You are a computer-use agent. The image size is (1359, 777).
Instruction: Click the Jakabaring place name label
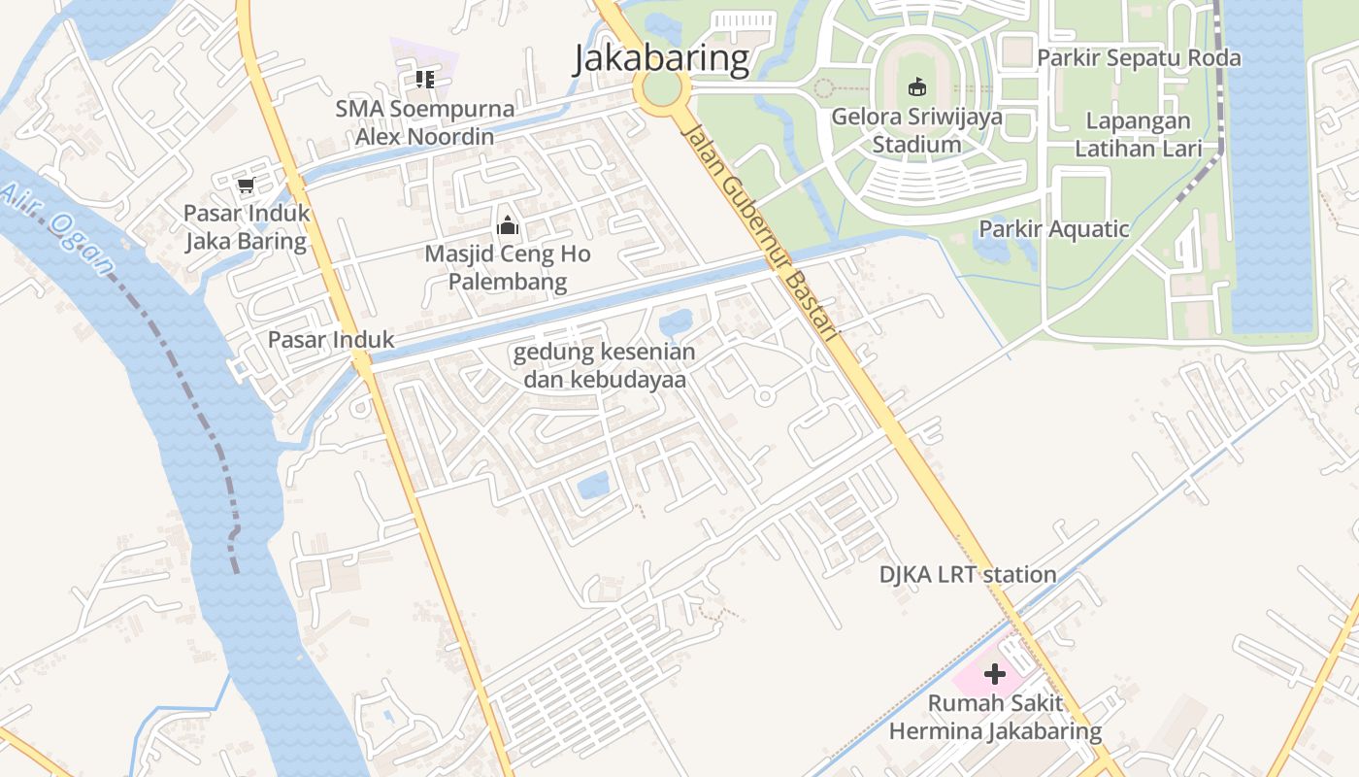point(661,58)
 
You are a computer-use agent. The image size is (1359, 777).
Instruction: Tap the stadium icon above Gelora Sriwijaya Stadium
point(916,87)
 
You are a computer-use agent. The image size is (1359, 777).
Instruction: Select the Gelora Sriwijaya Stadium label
point(916,131)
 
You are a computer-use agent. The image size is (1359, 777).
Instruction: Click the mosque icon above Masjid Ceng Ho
point(507,227)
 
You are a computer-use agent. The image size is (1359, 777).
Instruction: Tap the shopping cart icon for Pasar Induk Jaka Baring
point(246,185)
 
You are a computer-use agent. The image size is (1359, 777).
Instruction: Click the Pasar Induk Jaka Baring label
point(247,226)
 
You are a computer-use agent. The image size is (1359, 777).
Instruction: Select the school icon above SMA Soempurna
point(424,79)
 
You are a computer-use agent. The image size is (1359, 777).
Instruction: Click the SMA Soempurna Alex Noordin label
point(424,122)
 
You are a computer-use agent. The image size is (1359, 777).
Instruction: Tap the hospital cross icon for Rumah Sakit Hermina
point(995,673)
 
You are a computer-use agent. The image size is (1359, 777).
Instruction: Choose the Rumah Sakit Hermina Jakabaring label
point(995,717)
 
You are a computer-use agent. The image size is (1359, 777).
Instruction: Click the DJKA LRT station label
point(968,574)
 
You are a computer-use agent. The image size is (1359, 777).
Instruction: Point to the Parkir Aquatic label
point(1053,229)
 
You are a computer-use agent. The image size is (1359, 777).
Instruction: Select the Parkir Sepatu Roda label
point(1138,58)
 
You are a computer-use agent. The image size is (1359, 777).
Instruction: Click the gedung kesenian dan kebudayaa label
point(605,365)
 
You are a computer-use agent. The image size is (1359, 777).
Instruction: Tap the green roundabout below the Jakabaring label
point(662,91)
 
